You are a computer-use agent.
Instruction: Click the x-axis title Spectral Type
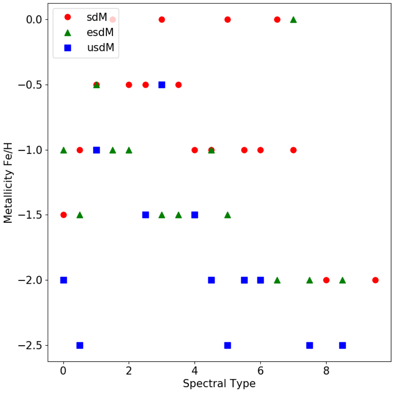(x=219, y=383)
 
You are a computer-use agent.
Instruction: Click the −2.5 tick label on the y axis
(x=31, y=345)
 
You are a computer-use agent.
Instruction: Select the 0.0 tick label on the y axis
(x=34, y=20)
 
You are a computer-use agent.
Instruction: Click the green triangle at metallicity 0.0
(x=293, y=20)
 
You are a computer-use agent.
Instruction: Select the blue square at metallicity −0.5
(x=162, y=85)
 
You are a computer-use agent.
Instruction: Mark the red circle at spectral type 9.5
(x=375, y=280)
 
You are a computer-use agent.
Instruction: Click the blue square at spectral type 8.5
(x=342, y=345)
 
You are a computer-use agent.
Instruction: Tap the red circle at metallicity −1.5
(x=63, y=215)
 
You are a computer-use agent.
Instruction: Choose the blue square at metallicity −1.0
(x=96, y=150)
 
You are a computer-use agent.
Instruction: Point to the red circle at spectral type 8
(x=326, y=280)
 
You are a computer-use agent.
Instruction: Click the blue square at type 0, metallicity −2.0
(x=63, y=280)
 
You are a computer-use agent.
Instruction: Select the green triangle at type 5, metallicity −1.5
(x=228, y=215)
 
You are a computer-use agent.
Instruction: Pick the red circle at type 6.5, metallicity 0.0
(x=277, y=20)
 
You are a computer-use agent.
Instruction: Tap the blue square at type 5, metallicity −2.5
(x=228, y=345)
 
